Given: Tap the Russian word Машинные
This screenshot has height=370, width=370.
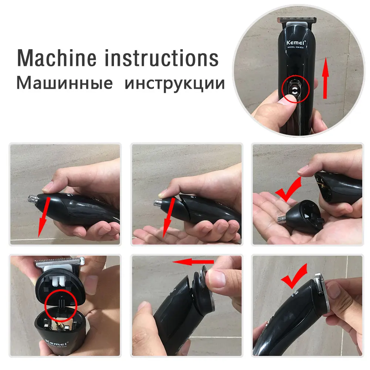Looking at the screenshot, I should (x=64, y=83).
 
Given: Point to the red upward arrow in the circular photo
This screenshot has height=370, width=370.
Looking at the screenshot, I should (x=326, y=79).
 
